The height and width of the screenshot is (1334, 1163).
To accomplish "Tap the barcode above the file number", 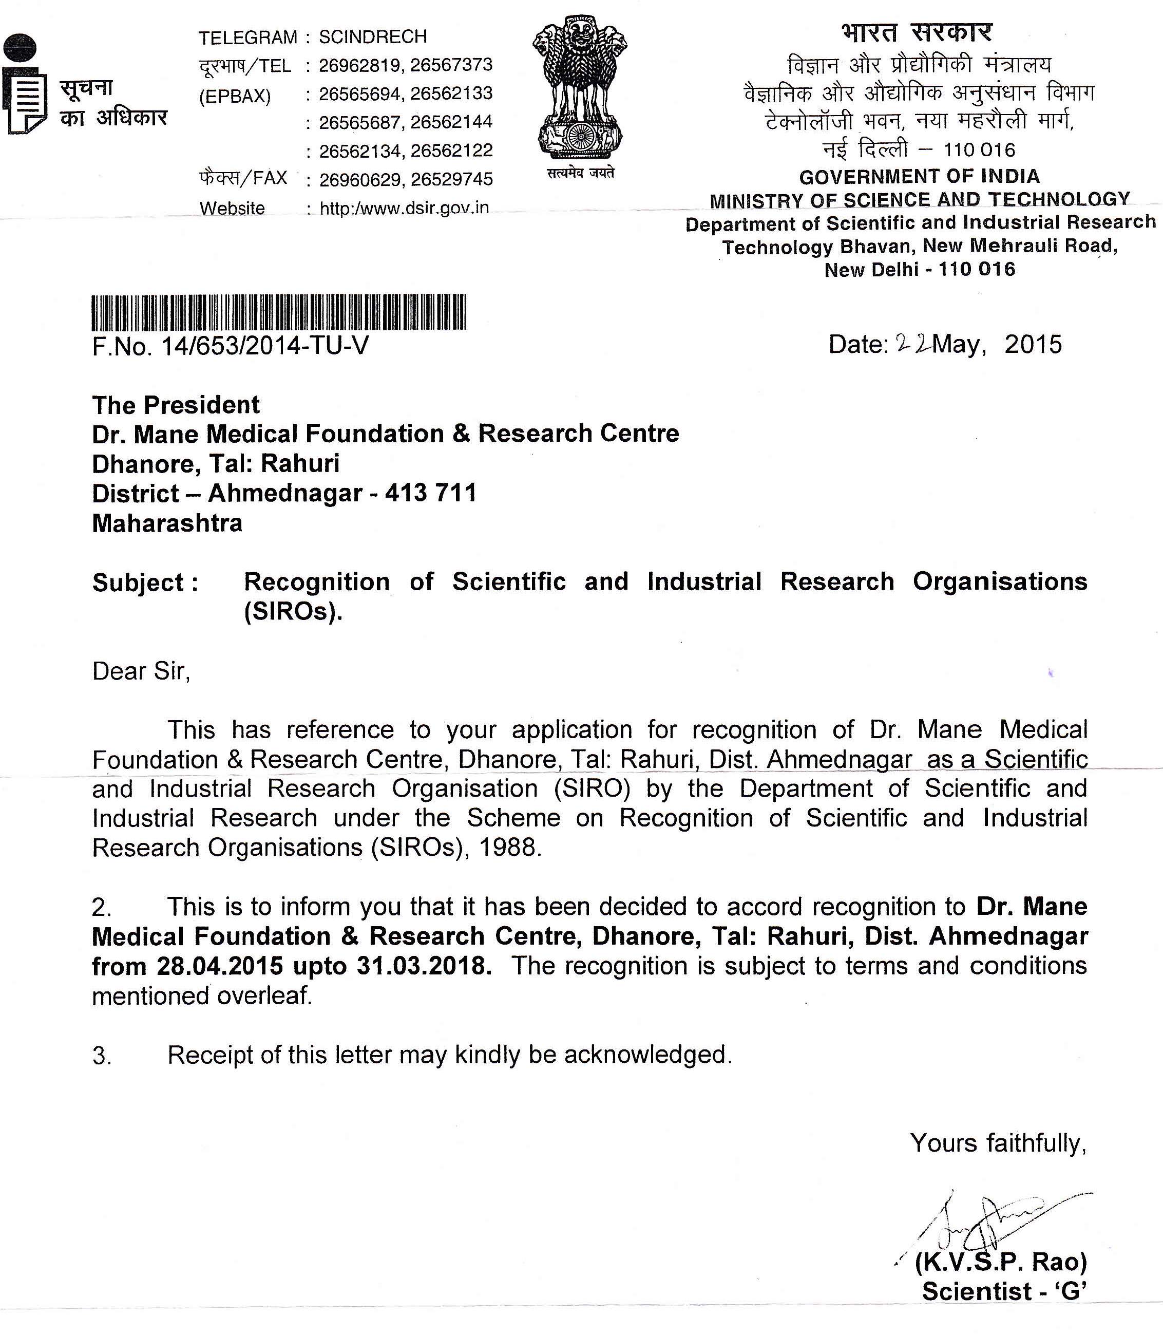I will pos(279,312).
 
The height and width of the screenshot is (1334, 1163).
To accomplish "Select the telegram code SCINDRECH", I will pos(373,36).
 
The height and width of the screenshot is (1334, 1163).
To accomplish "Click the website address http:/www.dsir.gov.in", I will pos(404,209).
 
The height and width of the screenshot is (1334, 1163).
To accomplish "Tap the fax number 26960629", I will pos(359,179).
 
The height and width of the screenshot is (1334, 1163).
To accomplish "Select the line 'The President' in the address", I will pos(176,405).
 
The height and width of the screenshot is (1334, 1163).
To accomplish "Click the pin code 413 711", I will pos(430,493).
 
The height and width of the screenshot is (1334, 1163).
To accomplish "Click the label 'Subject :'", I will pos(145,583).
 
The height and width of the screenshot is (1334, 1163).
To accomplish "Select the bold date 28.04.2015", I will pos(220,966).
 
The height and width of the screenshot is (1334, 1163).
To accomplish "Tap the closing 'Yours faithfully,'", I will pos(998,1142).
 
